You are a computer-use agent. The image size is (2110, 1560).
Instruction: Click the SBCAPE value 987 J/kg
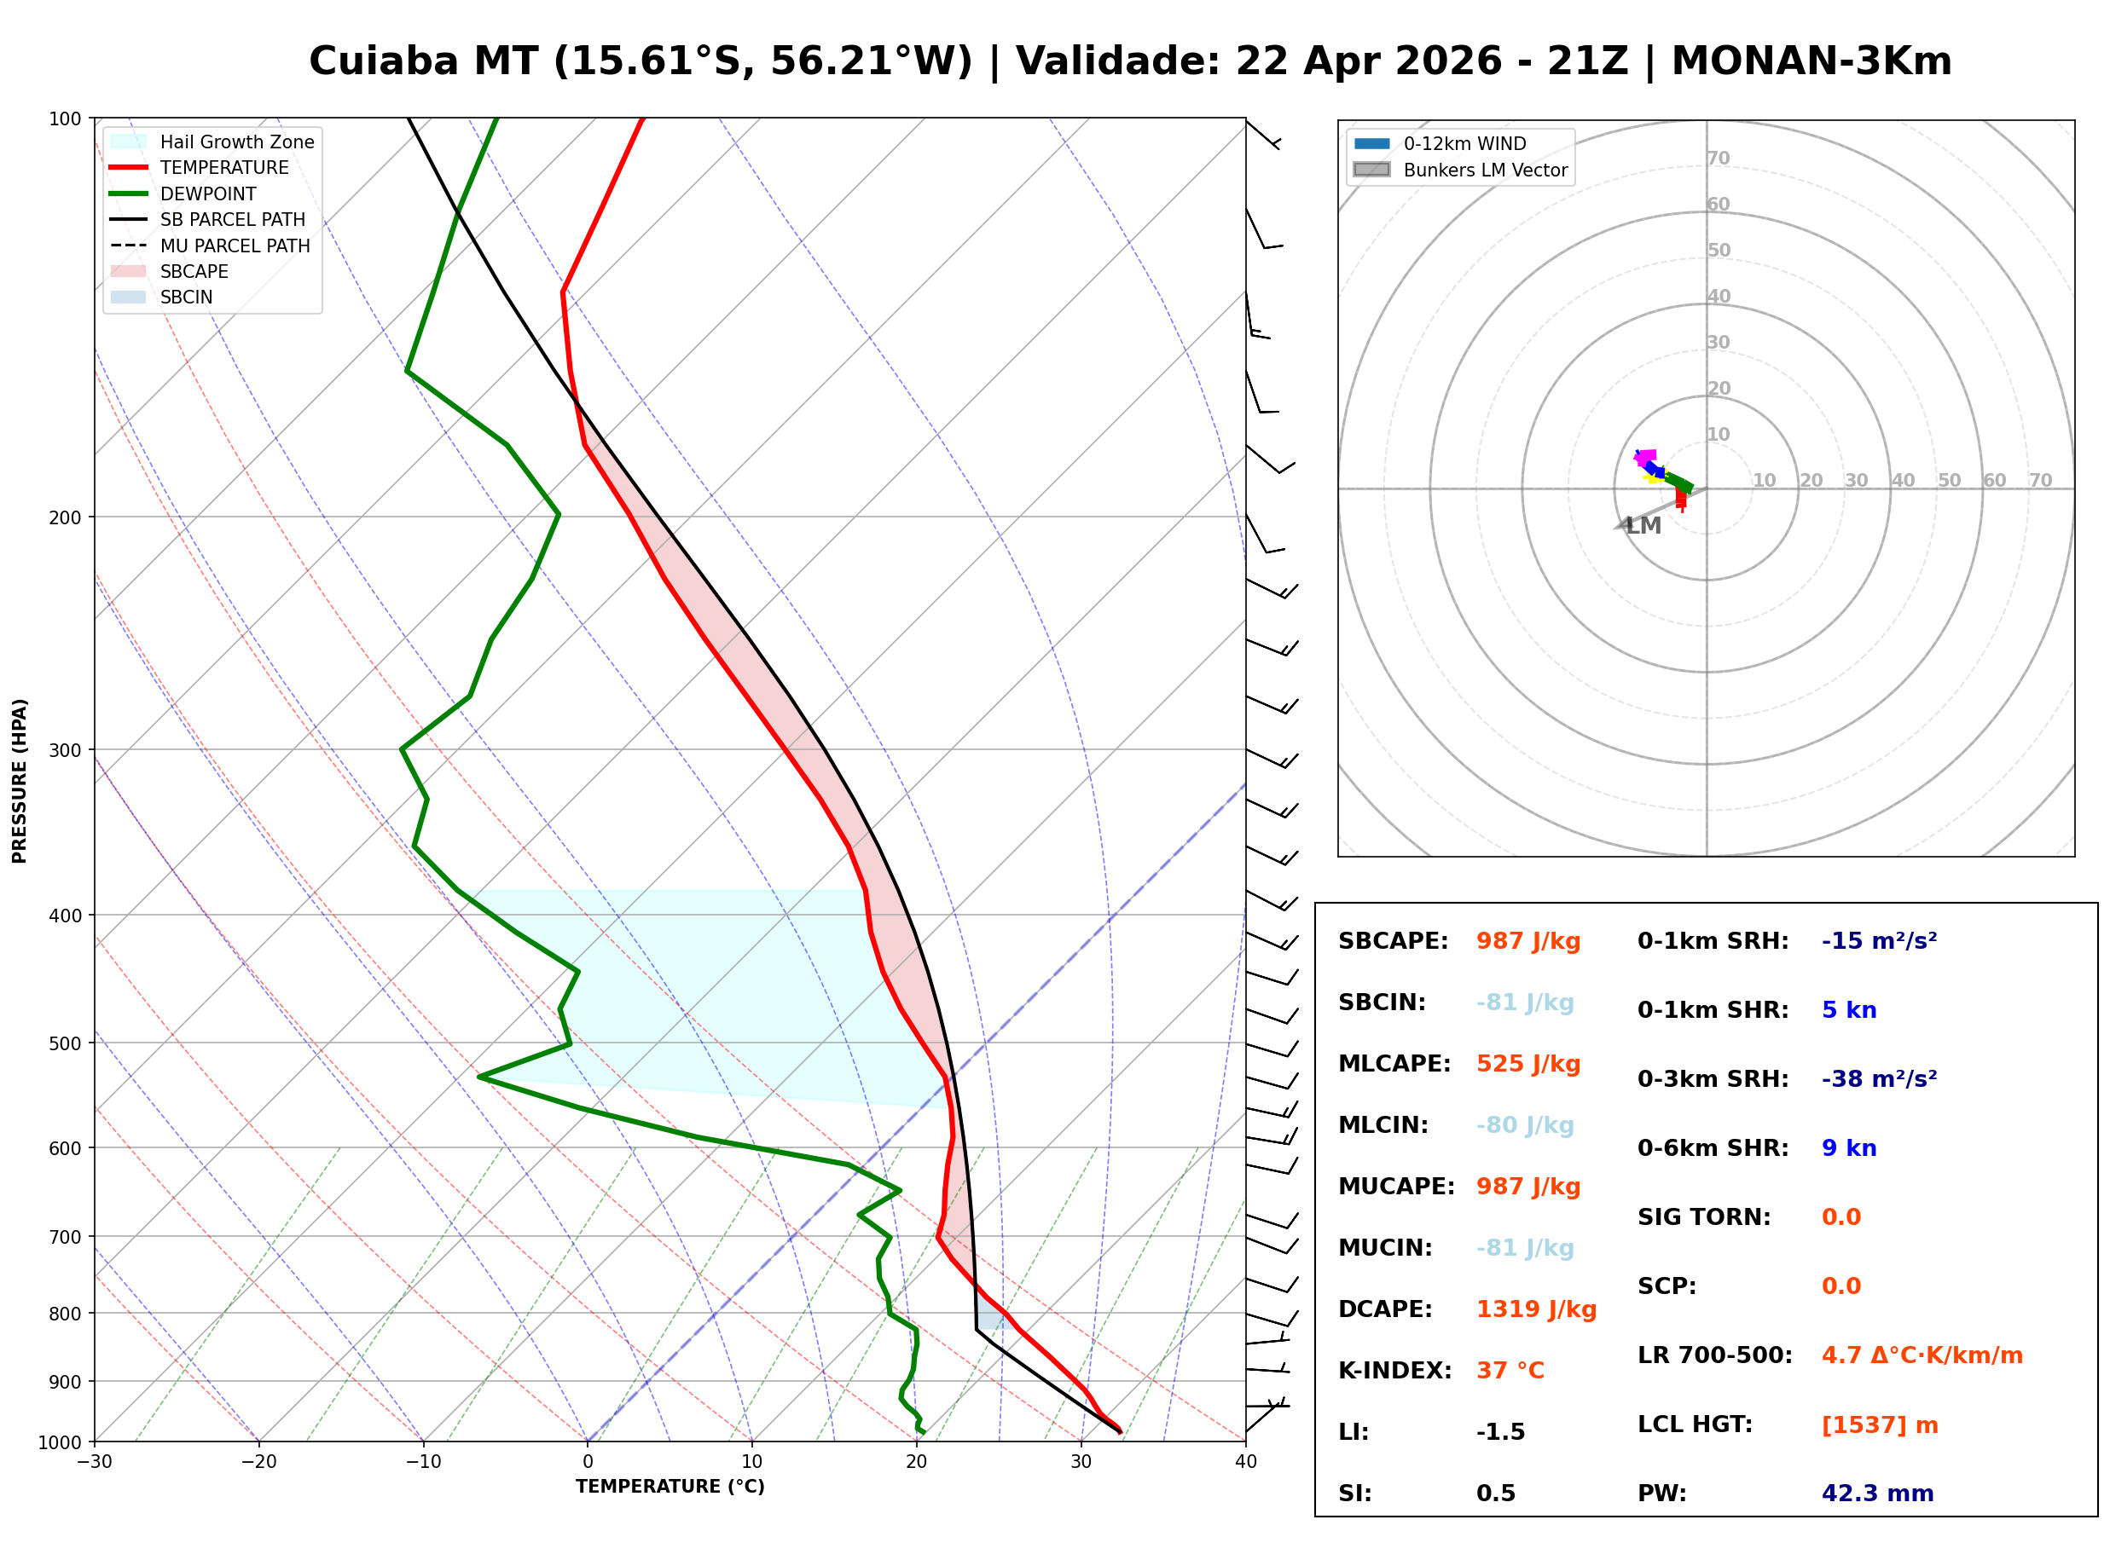(1527, 941)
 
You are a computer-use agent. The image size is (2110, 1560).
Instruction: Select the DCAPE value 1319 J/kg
(1536, 1309)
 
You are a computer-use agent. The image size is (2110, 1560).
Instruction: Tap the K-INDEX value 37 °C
(1510, 1371)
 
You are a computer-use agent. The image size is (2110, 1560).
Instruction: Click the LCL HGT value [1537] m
(1880, 1425)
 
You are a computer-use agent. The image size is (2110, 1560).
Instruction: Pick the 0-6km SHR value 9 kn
(1848, 1148)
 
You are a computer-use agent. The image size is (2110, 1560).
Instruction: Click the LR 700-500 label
(1714, 1356)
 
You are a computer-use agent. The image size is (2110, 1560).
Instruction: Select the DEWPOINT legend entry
(208, 194)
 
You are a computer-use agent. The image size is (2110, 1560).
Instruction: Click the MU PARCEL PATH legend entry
(235, 246)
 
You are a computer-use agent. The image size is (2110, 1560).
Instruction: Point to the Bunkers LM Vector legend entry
(1485, 170)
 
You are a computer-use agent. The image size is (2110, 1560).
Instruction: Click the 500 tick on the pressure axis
(64, 1043)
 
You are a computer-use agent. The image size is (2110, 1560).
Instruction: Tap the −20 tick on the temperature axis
(258, 1463)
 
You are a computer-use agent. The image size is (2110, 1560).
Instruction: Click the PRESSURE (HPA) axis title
(20, 781)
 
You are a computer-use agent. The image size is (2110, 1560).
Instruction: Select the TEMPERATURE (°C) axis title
(670, 1488)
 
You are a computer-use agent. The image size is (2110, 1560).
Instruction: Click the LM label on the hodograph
(1643, 526)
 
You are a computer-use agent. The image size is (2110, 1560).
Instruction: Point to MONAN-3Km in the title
(1811, 61)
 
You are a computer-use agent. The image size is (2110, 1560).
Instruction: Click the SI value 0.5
(1495, 1494)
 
